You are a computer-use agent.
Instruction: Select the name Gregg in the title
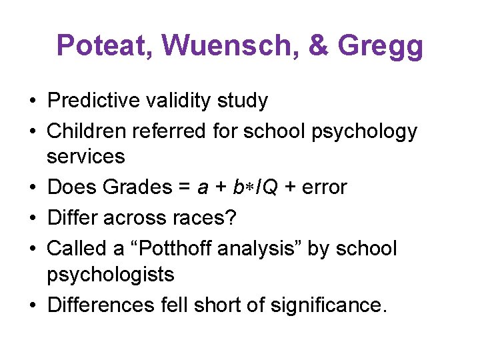[x=381, y=47]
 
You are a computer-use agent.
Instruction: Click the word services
[x=85, y=157]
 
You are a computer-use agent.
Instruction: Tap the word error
[x=323, y=187]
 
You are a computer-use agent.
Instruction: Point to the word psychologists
[x=110, y=274]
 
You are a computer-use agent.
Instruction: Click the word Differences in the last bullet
[x=101, y=305]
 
